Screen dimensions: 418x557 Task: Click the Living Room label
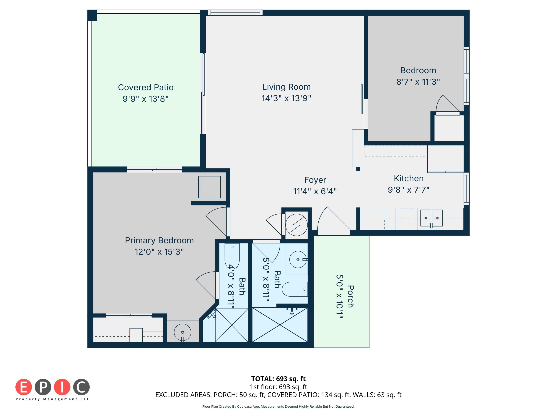click(286, 87)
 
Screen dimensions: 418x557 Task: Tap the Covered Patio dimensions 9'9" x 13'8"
click(146, 99)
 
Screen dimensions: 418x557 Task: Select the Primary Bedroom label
click(159, 240)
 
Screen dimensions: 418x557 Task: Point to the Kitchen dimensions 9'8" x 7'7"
click(408, 190)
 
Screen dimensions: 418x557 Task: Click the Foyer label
click(315, 180)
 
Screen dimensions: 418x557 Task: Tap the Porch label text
click(351, 296)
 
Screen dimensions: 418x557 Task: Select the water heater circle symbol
click(296, 225)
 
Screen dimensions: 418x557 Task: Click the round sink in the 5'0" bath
click(298, 259)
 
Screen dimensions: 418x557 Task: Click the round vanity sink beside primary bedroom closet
click(182, 332)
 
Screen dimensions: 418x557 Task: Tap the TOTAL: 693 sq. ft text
click(278, 379)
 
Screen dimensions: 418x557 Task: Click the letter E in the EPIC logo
click(24, 387)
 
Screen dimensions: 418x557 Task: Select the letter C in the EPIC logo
click(81, 387)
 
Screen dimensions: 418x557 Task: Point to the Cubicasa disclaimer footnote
click(278, 406)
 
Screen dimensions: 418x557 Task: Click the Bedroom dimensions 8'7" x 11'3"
click(418, 82)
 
